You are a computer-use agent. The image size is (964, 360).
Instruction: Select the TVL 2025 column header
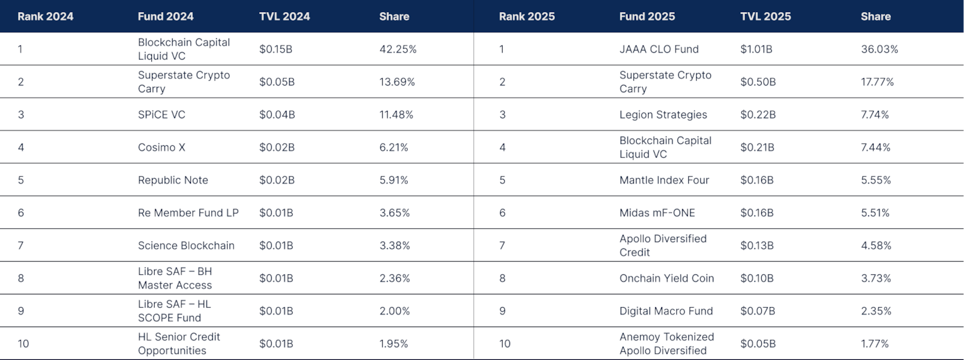765,16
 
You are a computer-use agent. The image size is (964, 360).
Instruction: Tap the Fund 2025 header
647,16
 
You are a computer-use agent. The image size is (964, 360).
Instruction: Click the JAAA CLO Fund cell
659,49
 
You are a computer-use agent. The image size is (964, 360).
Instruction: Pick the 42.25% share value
398,49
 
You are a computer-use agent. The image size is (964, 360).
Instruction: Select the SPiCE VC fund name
161,114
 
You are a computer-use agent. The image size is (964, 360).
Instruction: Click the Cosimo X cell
161,147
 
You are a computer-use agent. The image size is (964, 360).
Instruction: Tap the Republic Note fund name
173,180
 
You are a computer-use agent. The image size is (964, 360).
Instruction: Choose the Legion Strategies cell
663,114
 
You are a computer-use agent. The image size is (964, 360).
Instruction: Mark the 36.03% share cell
879,49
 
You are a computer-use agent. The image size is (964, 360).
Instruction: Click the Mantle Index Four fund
664,180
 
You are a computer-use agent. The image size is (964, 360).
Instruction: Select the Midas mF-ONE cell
657,213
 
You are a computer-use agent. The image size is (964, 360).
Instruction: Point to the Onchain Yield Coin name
666,278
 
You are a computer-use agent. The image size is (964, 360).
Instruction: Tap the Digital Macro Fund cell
665,311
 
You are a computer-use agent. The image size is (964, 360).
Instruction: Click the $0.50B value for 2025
758,82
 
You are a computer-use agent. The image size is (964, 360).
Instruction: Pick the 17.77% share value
877,82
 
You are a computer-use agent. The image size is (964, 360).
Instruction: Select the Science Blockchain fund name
186,246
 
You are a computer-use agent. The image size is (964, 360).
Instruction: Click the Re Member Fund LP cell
188,213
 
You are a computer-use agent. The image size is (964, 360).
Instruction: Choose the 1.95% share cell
394,344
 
